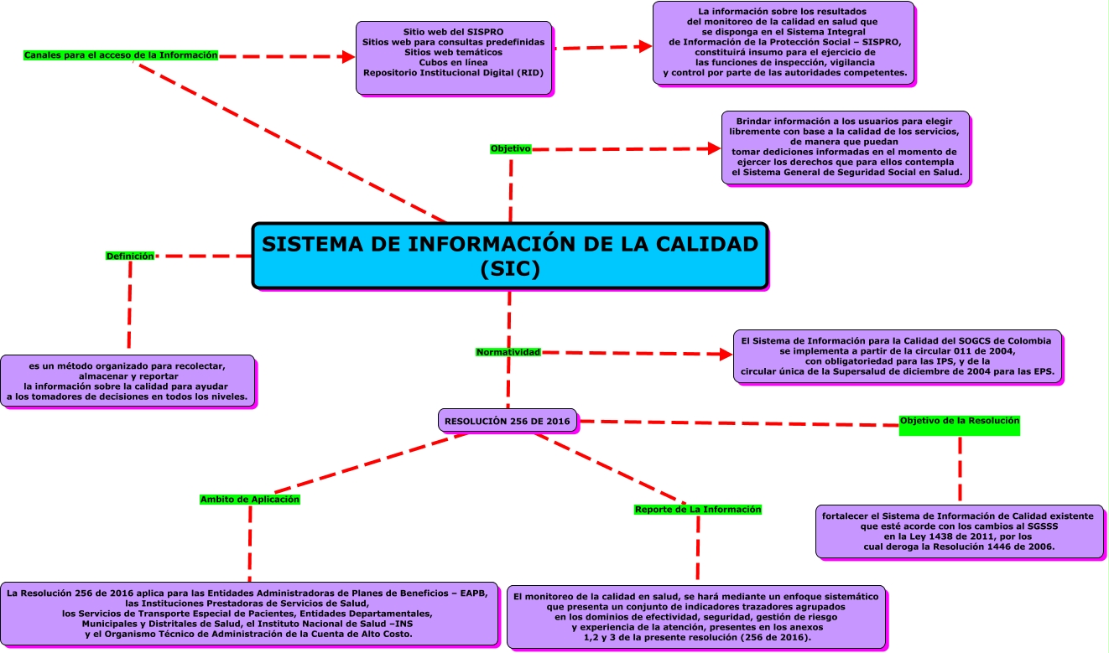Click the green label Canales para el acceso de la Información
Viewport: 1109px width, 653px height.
(x=121, y=55)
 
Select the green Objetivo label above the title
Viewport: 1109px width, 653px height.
(x=510, y=148)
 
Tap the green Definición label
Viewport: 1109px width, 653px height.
(x=130, y=256)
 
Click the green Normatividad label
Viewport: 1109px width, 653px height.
(x=508, y=352)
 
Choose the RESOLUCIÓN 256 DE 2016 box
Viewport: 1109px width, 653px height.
(x=508, y=420)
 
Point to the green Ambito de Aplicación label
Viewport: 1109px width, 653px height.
(x=250, y=500)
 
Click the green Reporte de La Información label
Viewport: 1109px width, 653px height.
(x=698, y=510)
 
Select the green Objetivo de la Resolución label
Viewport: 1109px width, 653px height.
(x=959, y=421)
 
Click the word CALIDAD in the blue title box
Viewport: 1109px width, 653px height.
(x=700, y=244)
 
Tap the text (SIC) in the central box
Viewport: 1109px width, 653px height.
(x=510, y=269)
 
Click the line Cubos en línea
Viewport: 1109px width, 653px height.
(x=453, y=62)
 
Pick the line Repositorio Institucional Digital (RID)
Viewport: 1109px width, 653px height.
(x=453, y=73)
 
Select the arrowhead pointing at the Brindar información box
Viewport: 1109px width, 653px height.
(x=714, y=148)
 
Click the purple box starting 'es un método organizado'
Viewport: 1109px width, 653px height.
(x=128, y=381)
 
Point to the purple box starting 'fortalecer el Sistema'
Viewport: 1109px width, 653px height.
(x=959, y=531)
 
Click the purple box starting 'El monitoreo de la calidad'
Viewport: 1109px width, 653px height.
(x=695, y=617)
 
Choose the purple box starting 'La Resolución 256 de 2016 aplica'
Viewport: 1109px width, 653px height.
(x=250, y=614)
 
